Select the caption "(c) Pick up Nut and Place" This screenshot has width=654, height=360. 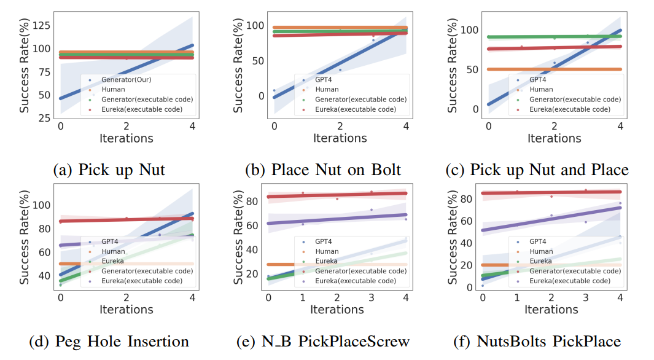pyautogui.click(x=549, y=169)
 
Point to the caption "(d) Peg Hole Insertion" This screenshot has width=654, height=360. pyautogui.click(x=122, y=341)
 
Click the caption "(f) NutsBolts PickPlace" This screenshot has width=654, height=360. pyautogui.click(x=549, y=341)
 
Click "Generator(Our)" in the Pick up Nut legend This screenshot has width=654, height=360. pyautogui.click(x=127, y=80)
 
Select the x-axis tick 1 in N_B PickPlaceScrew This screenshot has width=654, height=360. pyautogui.click(x=303, y=298)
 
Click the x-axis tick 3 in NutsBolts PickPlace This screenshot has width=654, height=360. pyautogui.click(x=586, y=298)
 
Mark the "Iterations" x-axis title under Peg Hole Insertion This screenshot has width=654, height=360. pyautogui.click(x=127, y=310)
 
